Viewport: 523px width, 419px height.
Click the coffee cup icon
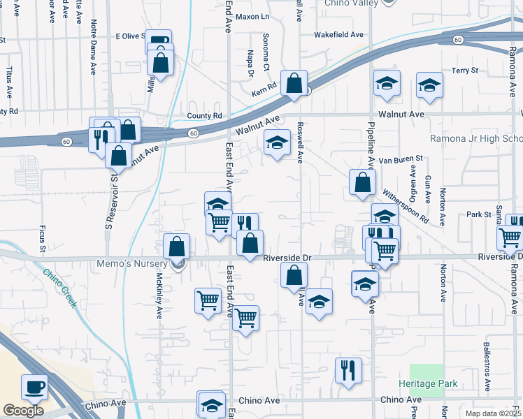pyautogui.click(x=34, y=386)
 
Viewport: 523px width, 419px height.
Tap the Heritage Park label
pyautogui.click(x=428, y=383)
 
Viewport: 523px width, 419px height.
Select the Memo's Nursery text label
pyautogui.click(x=139, y=263)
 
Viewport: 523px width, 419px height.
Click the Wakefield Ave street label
pyautogui.click(x=339, y=34)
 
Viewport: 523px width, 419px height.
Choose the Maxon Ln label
pyautogui.click(x=252, y=16)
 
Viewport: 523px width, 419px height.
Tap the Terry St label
pyautogui.click(x=464, y=71)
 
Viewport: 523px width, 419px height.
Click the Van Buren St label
pyautogui.click(x=401, y=160)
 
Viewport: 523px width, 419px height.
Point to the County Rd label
pyautogui.click(x=204, y=116)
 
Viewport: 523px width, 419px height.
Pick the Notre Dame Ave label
pyautogui.click(x=93, y=47)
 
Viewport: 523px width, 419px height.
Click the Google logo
pyautogui.click(x=23, y=410)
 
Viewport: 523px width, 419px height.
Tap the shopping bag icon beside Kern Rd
pyautogui.click(x=294, y=82)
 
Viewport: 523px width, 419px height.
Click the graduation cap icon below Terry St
pyautogui.click(x=429, y=85)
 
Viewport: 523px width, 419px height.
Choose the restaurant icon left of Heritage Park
pyautogui.click(x=348, y=371)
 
